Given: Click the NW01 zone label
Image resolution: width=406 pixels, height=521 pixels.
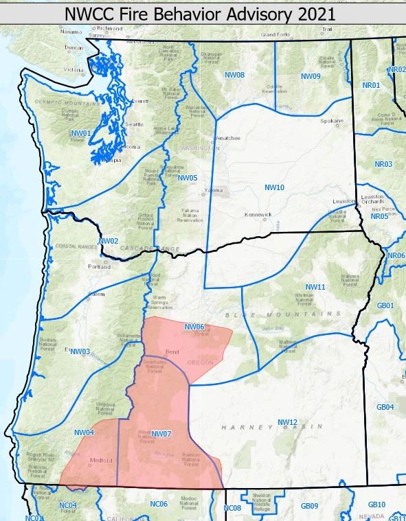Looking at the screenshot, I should [x=80, y=132].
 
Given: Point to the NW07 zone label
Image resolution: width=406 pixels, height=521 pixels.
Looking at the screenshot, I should [x=160, y=433].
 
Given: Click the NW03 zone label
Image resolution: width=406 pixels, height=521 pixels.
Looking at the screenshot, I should [x=80, y=351].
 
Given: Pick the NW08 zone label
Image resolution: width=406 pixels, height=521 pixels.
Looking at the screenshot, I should [x=235, y=73].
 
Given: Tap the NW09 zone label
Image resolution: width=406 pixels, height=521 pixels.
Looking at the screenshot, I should [x=311, y=76].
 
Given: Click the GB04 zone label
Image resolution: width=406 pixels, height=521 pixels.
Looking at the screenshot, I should [x=385, y=407].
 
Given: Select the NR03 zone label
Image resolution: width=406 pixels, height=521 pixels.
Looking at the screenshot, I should [x=383, y=164].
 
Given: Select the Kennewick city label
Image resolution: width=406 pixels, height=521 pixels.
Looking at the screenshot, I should [x=259, y=215].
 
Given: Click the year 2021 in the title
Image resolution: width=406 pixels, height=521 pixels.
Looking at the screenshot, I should [x=312, y=13].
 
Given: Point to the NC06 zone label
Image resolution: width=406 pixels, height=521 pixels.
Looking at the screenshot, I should [x=159, y=504].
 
